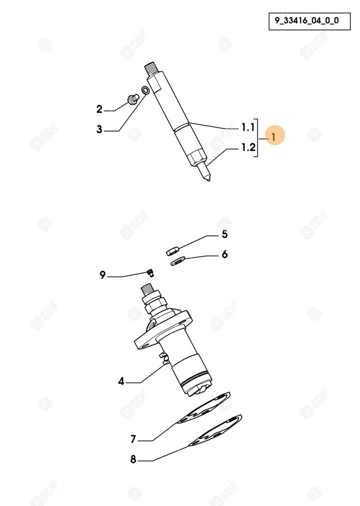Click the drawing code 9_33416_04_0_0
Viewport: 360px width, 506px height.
(x=307, y=21)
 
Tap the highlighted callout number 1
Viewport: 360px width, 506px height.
(x=273, y=137)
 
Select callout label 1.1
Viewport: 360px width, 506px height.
(x=248, y=127)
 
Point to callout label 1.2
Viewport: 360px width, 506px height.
(x=248, y=147)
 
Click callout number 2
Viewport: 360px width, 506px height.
(x=100, y=109)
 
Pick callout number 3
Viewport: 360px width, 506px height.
(x=99, y=129)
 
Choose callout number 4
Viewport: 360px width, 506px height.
(x=121, y=382)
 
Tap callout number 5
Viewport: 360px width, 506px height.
(x=225, y=234)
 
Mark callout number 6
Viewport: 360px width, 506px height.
(x=225, y=254)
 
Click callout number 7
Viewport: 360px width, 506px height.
(x=133, y=439)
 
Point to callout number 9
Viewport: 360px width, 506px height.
(x=103, y=275)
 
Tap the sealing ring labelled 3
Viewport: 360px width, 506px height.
(x=145, y=90)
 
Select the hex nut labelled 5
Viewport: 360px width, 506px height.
(x=173, y=251)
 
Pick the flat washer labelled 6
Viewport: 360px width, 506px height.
(x=178, y=261)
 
